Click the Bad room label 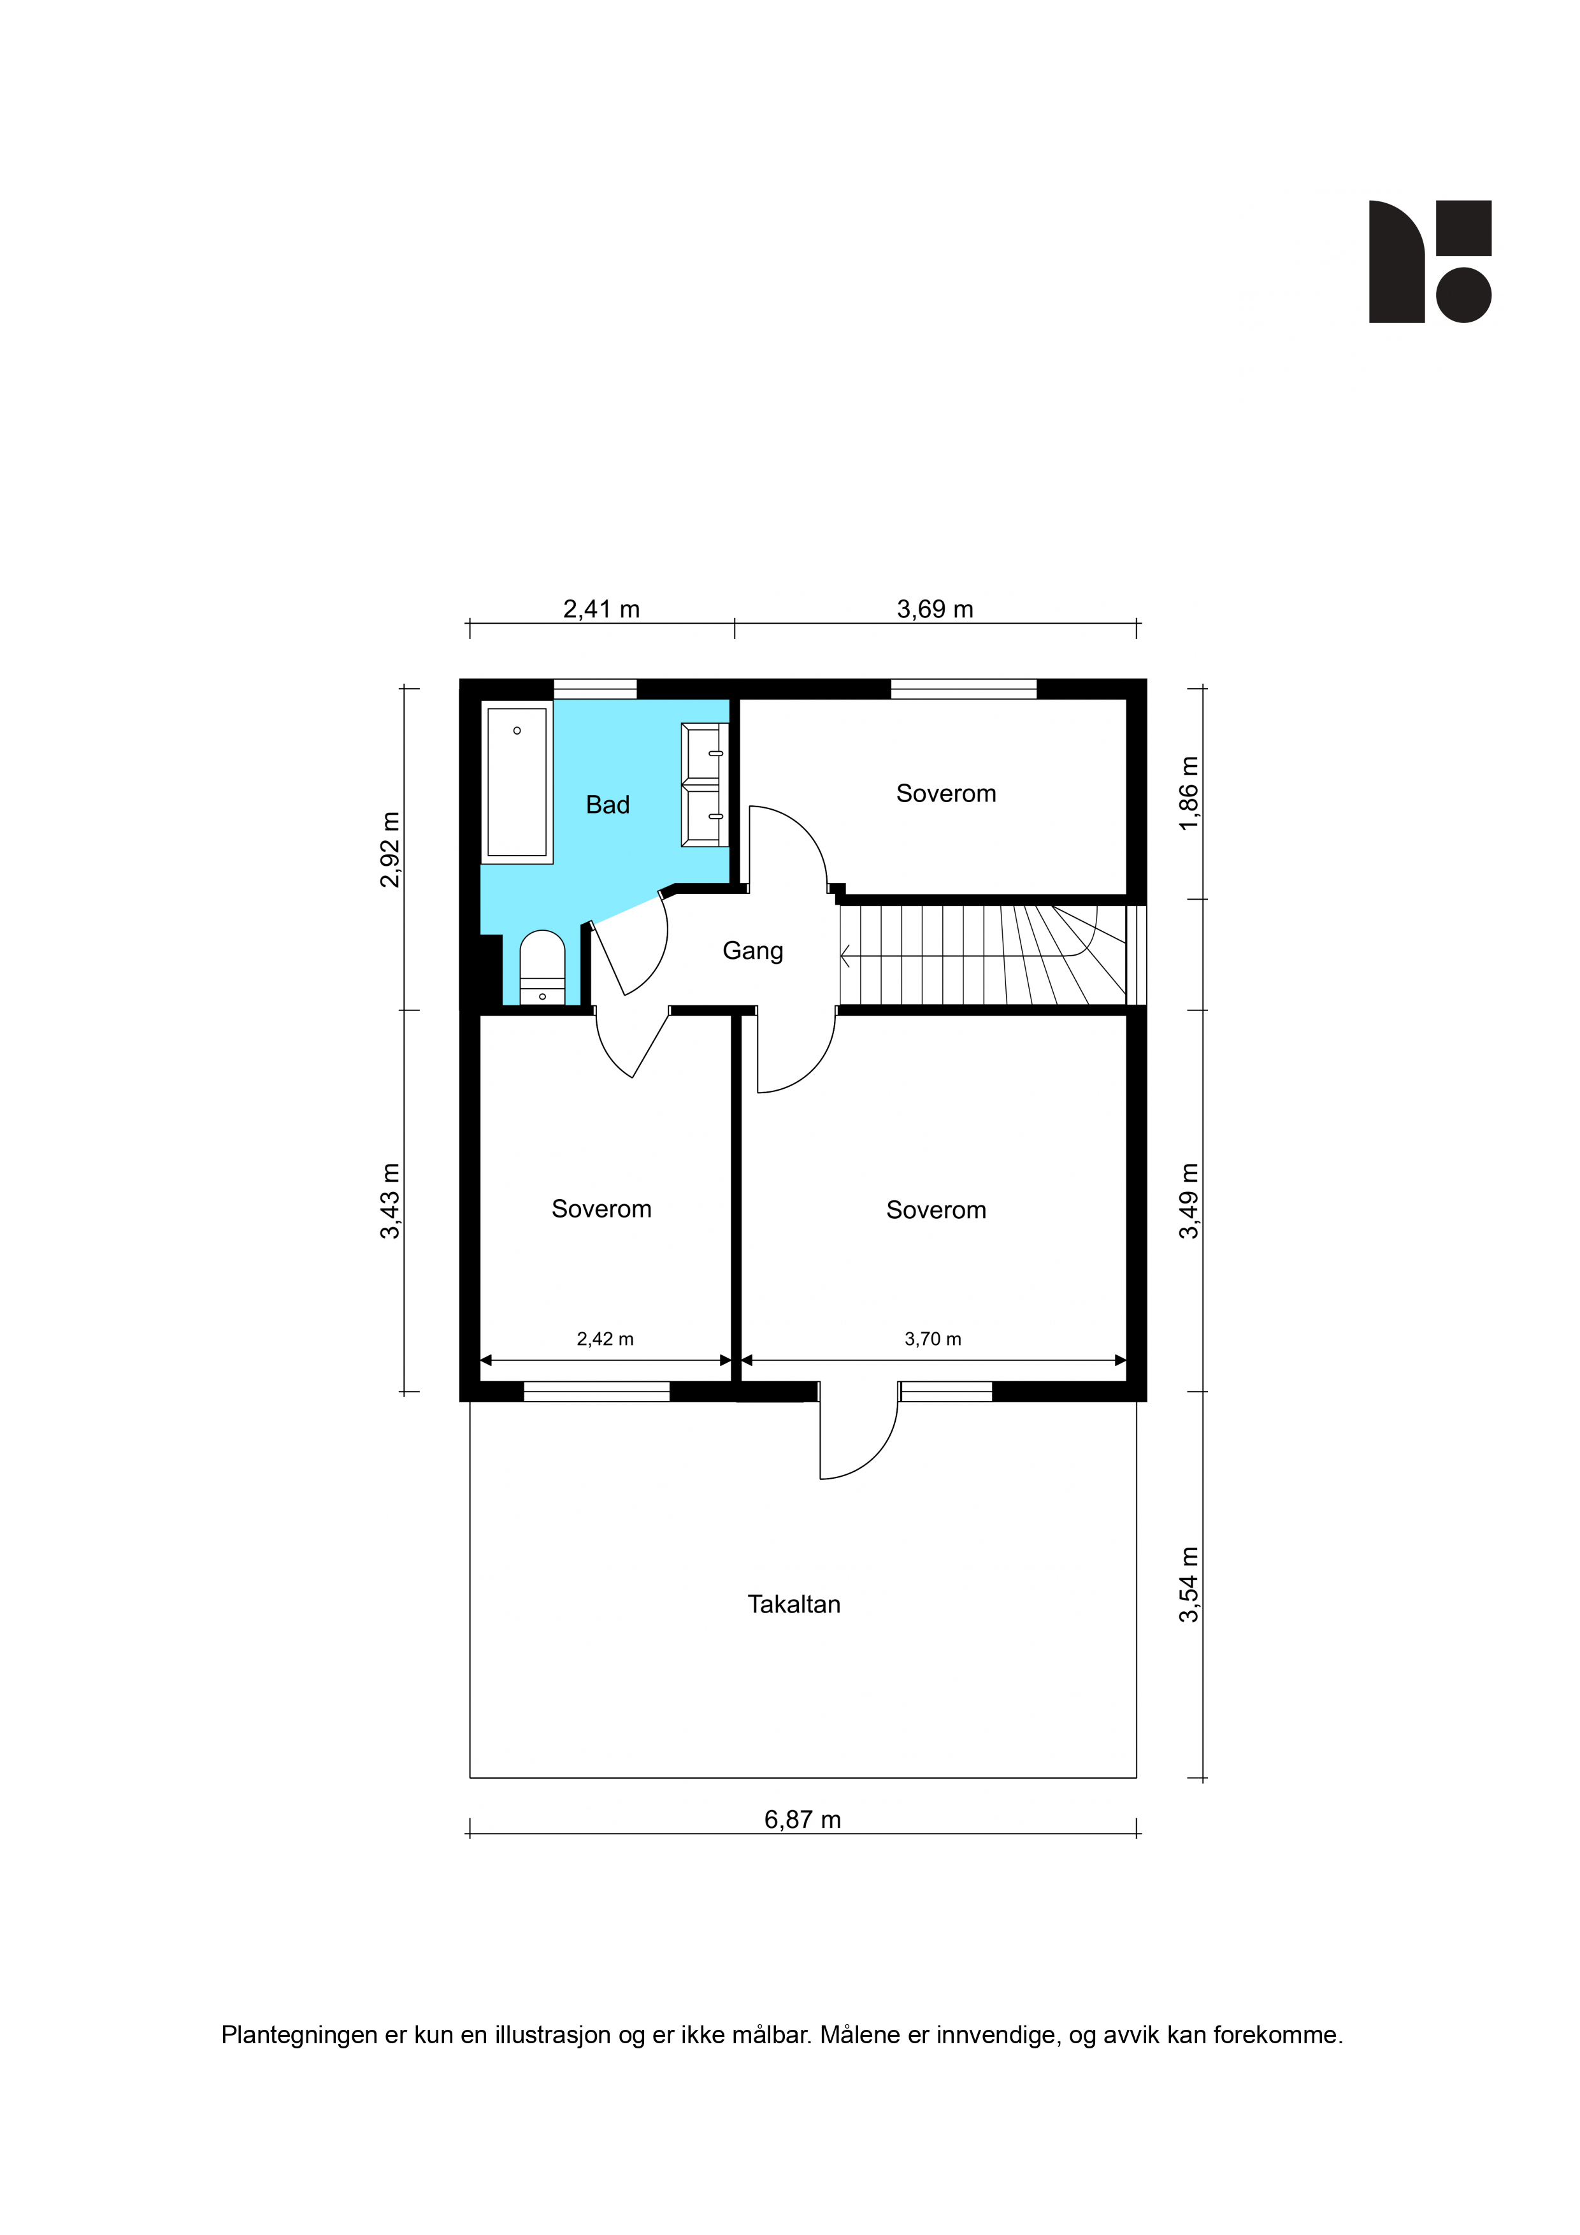[x=607, y=805]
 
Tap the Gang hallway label [x=752, y=951]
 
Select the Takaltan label [x=793, y=1604]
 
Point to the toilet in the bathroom [x=542, y=967]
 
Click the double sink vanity [x=705, y=784]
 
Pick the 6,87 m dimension [x=802, y=1820]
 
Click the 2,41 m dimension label [x=601, y=609]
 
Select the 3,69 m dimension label [x=935, y=609]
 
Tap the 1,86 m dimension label [x=1189, y=793]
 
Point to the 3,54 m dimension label [x=1189, y=1585]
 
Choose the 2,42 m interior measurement [x=605, y=1339]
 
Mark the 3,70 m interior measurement [x=933, y=1339]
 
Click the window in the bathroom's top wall [x=595, y=689]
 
